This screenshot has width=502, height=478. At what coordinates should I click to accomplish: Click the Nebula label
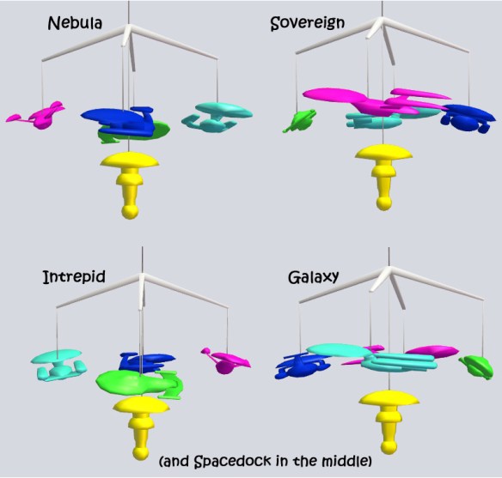pyautogui.click(x=75, y=23)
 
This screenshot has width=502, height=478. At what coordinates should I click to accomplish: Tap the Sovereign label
pyautogui.click(x=308, y=23)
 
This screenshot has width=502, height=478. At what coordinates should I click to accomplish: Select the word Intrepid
pyautogui.click(x=74, y=276)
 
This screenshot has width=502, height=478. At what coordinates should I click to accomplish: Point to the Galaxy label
pyautogui.click(x=313, y=277)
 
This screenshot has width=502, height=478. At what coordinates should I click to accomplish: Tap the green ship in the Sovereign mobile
pyautogui.click(x=299, y=120)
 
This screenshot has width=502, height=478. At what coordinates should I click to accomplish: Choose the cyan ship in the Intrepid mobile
pyautogui.click(x=58, y=366)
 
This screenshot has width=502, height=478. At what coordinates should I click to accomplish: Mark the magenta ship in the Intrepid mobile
pyautogui.click(x=226, y=360)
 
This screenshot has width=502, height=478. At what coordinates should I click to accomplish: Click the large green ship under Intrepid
pyautogui.click(x=140, y=384)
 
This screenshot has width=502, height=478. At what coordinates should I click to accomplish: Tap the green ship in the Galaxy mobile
pyautogui.click(x=476, y=367)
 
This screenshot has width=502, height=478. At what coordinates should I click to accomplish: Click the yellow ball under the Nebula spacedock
pyautogui.click(x=130, y=212)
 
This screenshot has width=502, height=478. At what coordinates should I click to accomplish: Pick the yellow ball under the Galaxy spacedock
pyautogui.click(x=389, y=446)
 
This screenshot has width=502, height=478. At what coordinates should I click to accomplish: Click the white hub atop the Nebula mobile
pyautogui.click(x=127, y=35)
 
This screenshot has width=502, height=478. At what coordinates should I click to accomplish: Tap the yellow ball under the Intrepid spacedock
pyautogui.click(x=141, y=453)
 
